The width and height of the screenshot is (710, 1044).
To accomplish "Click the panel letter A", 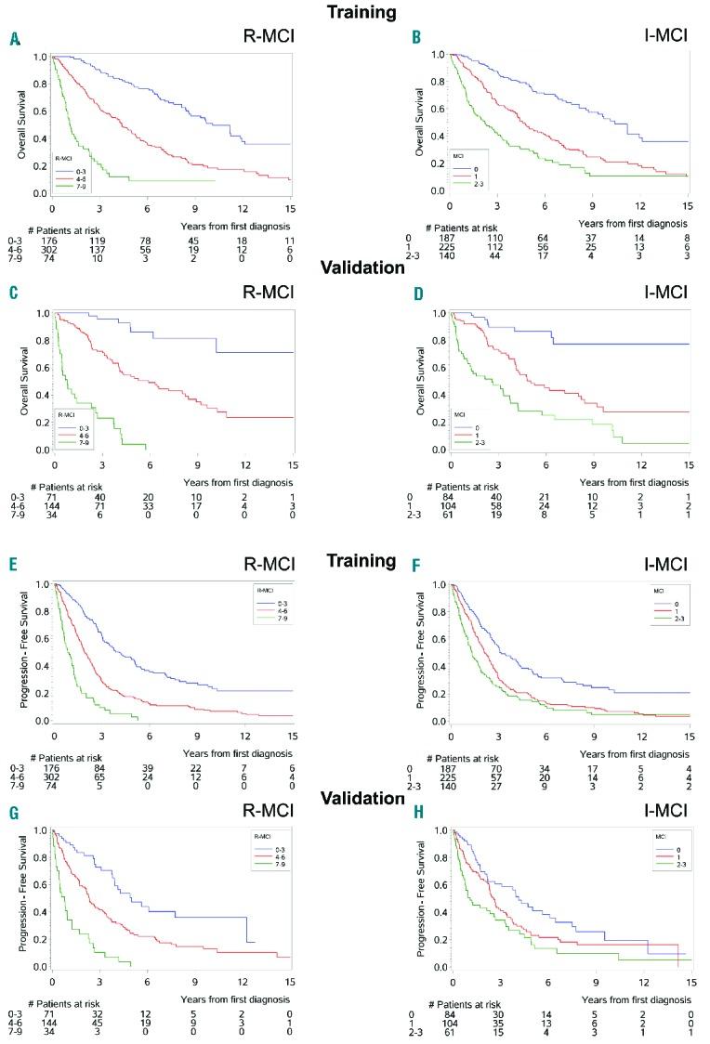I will click(x=14, y=39).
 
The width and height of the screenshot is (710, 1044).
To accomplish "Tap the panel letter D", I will click(x=416, y=294).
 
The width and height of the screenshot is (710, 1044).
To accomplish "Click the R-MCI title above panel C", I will click(x=259, y=293).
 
